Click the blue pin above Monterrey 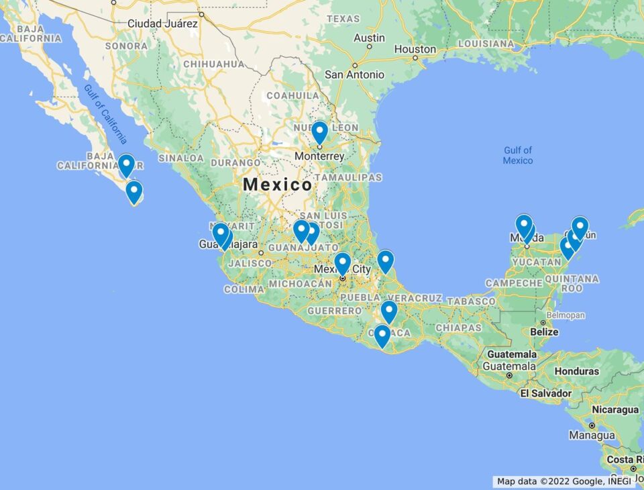click(319, 131)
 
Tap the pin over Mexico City click(342, 262)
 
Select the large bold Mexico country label click(277, 184)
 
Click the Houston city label click(415, 49)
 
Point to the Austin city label click(369, 38)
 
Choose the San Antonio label click(354, 75)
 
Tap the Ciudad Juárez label click(163, 23)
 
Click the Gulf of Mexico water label click(518, 155)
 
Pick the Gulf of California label click(106, 115)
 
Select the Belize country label click(543, 332)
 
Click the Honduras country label click(577, 371)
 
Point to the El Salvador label click(546, 393)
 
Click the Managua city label click(592, 435)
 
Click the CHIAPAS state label click(458, 328)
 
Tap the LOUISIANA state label click(485, 44)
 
